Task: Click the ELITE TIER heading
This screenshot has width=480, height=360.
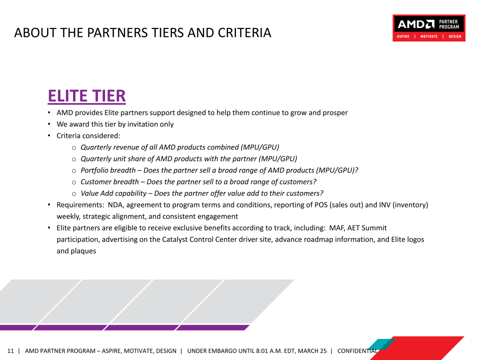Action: pyautogui.click(x=86, y=96)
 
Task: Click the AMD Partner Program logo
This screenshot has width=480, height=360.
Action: pyautogui.click(x=429, y=28)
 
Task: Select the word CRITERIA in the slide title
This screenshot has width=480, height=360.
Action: pyautogui.click(x=244, y=33)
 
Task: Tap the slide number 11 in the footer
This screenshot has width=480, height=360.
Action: pyautogui.click(x=10, y=351)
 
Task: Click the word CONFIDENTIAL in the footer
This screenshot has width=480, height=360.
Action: pyautogui.click(x=357, y=351)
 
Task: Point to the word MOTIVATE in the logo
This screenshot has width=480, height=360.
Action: pyautogui.click(x=429, y=36)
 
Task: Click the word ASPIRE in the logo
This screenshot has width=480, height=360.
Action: pyautogui.click(x=403, y=36)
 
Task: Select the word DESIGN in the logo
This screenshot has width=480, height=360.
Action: pyautogui.click(x=455, y=36)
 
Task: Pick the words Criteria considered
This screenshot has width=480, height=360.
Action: pyautogui.click(x=88, y=135)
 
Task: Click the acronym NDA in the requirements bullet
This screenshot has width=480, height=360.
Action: pyautogui.click(x=115, y=205)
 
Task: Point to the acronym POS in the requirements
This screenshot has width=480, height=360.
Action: pyautogui.click(x=321, y=205)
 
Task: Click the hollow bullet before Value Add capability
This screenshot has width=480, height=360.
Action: pyautogui.click(x=74, y=194)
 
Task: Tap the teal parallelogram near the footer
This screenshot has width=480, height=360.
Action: pyautogui.click(x=381, y=344)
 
